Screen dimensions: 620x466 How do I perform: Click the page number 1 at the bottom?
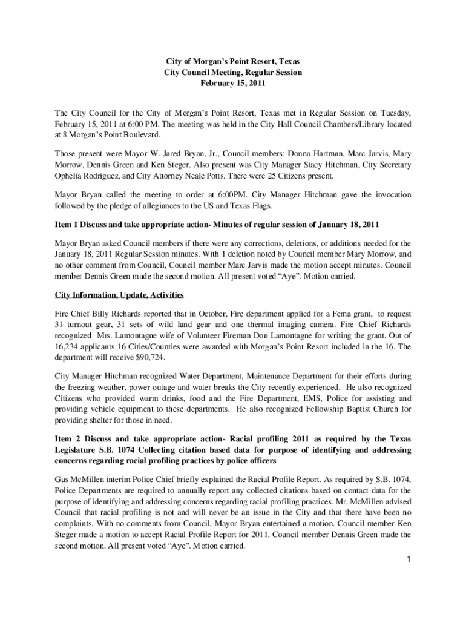[x=409, y=558]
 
